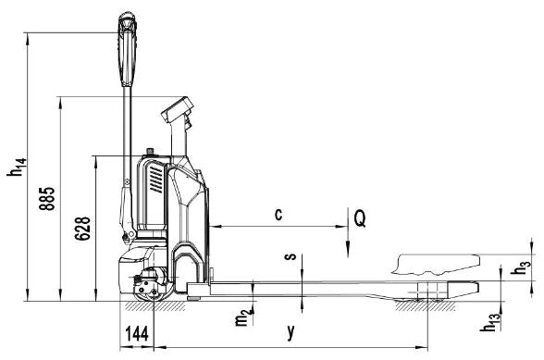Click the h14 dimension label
(x=17, y=168)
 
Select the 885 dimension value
(x=47, y=199)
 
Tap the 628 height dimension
(x=82, y=229)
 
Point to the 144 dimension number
(x=137, y=333)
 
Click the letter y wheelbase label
(x=291, y=331)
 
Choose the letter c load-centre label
(x=278, y=214)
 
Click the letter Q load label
(x=360, y=218)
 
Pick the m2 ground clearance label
(x=242, y=317)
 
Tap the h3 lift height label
(x=521, y=267)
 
